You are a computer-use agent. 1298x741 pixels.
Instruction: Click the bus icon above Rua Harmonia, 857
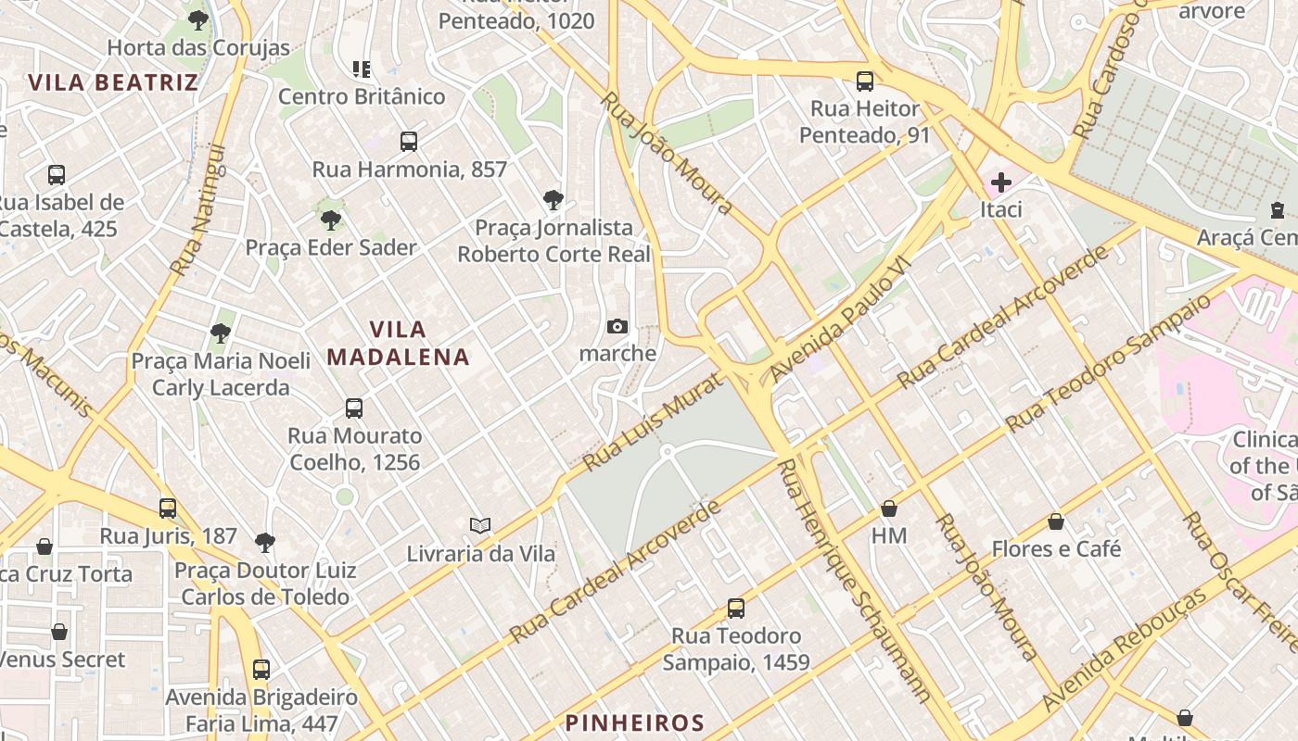(x=409, y=142)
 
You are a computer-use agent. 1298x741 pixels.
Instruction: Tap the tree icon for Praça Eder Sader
(x=330, y=220)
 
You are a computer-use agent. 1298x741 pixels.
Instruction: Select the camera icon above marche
(x=617, y=326)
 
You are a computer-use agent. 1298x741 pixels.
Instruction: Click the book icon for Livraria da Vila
(x=479, y=526)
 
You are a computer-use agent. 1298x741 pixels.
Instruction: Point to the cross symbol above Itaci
(x=1000, y=182)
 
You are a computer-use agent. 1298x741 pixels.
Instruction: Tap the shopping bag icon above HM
(x=888, y=509)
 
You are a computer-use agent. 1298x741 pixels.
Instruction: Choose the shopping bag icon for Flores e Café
(x=1055, y=521)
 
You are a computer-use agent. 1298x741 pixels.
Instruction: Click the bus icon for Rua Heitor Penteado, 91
(x=864, y=82)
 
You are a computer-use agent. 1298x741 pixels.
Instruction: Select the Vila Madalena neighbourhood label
(x=399, y=343)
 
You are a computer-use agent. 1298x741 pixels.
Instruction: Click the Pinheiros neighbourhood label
(x=635, y=723)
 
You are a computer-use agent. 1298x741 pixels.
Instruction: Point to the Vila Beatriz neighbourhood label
(x=113, y=82)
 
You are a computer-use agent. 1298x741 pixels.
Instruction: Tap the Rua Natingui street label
(x=198, y=209)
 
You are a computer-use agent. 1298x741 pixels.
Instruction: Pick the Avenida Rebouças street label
(x=1126, y=648)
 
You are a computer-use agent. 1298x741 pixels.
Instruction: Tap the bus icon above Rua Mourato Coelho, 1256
(x=353, y=408)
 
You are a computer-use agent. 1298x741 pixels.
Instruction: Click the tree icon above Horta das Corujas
(x=197, y=20)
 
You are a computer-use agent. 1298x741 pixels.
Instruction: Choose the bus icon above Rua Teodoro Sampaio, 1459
(x=735, y=609)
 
